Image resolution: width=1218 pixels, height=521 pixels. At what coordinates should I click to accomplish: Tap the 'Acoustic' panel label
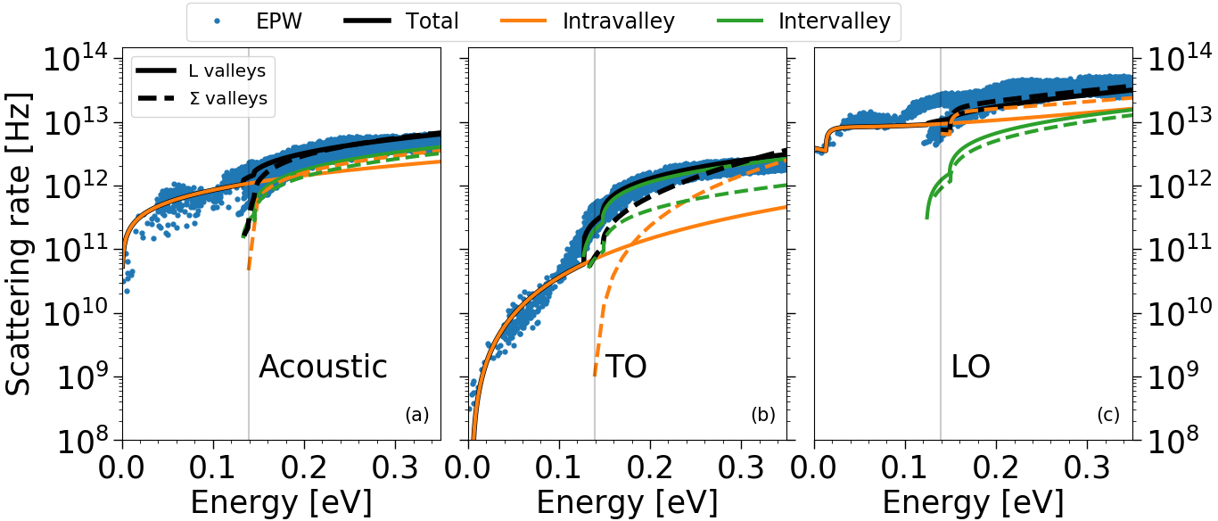tap(323, 367)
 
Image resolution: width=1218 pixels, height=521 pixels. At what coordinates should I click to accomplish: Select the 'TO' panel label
tap(625, 367)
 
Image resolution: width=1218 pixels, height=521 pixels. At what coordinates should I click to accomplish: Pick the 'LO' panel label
tap(970, 367)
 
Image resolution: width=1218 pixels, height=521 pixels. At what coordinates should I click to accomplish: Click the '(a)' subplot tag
tap(417, 415)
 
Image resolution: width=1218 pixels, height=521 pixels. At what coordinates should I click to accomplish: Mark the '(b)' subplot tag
tap(763, 415)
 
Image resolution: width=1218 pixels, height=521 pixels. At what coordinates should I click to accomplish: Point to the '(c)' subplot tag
tap(1109, 415)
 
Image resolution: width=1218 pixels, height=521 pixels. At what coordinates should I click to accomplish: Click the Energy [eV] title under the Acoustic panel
tap(280, 502)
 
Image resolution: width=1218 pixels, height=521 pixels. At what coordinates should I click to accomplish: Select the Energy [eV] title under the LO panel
tap(973, 502)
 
